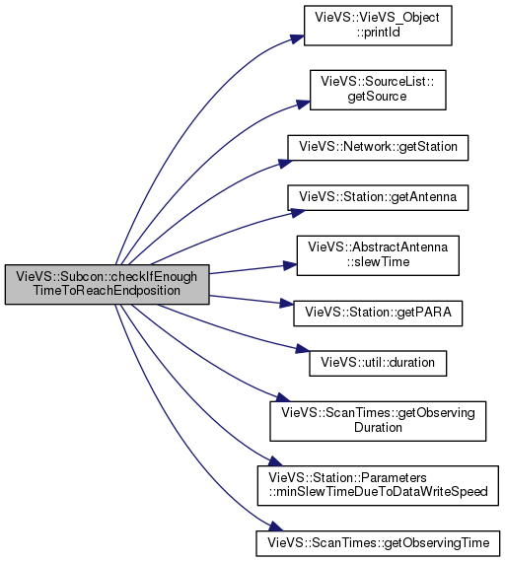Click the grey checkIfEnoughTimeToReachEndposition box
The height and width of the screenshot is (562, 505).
click(107, 285)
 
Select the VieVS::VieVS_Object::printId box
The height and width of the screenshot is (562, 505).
click(378, 26)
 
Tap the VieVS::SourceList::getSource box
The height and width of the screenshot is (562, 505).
click(378, 90)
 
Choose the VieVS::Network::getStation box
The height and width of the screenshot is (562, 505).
click(378, 148)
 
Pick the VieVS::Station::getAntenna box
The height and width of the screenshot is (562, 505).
click(378, 198)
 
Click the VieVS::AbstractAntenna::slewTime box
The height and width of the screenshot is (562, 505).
click(378, 255)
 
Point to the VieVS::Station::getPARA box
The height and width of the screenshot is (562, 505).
click(378, 314)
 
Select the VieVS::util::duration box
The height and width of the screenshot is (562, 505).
click(378, 364)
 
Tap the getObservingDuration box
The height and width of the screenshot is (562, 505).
click(378, 421)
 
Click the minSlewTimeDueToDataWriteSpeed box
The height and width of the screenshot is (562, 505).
click(378, 486)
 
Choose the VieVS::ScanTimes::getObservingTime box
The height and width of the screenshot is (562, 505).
click(378, 543)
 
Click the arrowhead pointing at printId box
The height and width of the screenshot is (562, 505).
click(297, 38)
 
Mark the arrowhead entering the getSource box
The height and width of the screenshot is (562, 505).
click(303, 104)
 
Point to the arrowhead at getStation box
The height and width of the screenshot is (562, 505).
click(285, 163)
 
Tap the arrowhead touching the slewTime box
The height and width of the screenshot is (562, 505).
click(290, 265)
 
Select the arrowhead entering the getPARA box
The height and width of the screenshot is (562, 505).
click(287, 304)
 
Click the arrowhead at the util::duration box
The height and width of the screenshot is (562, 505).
click(303, 348)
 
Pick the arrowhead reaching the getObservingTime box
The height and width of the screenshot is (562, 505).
click(275, 527)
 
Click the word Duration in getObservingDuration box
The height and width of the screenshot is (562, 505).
click(378, 428)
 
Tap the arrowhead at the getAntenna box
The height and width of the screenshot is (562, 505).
click(298, 213)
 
